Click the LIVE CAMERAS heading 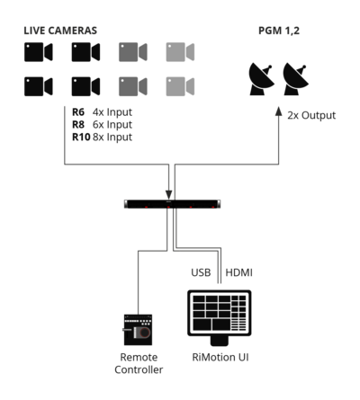point(60,31)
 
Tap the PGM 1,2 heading point(279,31)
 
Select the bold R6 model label point(78,112)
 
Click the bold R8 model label point(78,125)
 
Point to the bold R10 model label point(81,138)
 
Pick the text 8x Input point(112,138)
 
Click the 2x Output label point(311,115)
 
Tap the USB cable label point(201,272)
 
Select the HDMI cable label point(238,272)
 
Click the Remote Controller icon point(138,330)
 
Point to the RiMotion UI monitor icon point(220,317)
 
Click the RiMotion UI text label point(220,357)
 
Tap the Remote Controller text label point(139,363)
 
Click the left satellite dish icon point(261,79)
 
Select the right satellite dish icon point(295,79)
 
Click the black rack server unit point(173,204)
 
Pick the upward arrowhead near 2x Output point(279,111)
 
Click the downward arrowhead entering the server point(169,194)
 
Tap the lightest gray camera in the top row point(180,52)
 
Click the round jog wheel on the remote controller point(145,332)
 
